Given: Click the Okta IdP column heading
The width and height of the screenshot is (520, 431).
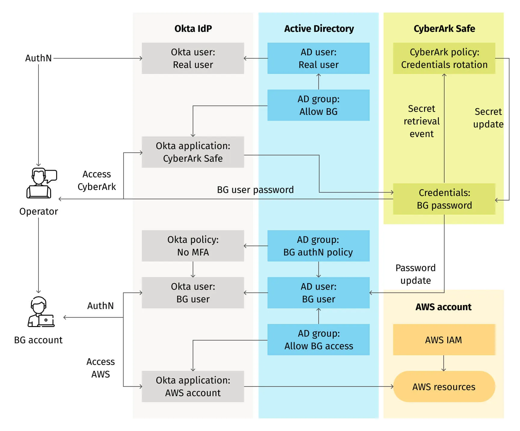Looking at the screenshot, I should (193, 29).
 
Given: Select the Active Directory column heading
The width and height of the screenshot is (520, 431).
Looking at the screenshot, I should (319, 29).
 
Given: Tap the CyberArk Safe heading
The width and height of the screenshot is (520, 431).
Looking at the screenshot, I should (444, 29).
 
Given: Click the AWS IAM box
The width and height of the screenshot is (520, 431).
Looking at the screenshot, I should (444, 340).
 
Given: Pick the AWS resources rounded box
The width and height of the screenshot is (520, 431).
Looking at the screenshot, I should (444, 387).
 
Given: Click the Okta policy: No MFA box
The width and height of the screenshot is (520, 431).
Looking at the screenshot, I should (193, 246).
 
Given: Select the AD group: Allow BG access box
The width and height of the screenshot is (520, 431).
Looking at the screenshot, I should (318, 339).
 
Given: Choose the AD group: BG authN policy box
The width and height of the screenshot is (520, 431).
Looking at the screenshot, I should (318, 246).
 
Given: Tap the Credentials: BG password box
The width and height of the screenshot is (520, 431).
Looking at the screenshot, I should (444, 199).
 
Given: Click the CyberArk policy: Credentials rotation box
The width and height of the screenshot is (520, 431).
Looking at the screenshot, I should (444, 58).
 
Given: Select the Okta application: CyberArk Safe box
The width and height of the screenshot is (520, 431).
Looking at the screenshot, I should (193, 152).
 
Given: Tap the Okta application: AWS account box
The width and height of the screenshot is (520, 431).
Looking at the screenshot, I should (193, 386).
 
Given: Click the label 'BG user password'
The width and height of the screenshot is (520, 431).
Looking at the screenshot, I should (255, 190).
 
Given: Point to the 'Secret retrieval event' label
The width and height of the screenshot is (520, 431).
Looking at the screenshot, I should (421, 121).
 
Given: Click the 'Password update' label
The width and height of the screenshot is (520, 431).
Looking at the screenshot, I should (415, 274).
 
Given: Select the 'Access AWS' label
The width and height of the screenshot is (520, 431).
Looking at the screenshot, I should (100, 368).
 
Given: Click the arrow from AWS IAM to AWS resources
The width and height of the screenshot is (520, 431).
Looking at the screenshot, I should (444, 363).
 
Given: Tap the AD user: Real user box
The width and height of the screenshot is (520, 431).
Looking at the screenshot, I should (318, 58).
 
